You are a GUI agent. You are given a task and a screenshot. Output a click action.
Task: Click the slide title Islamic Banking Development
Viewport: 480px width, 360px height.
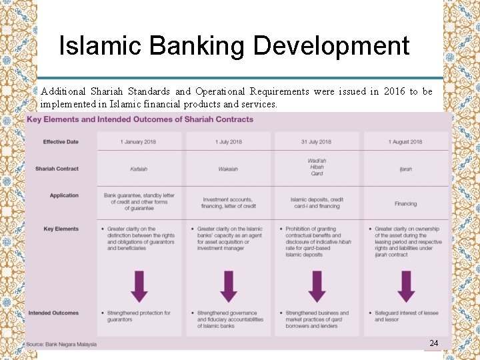234,46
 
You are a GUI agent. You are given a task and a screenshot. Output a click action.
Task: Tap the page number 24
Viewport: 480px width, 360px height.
434,343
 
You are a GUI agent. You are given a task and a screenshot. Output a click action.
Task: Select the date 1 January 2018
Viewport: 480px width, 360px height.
139,142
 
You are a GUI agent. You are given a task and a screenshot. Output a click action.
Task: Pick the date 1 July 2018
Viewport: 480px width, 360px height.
228,142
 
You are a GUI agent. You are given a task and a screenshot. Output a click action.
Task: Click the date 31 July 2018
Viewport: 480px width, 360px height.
317,142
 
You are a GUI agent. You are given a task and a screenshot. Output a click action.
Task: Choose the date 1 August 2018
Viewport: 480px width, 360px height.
405,142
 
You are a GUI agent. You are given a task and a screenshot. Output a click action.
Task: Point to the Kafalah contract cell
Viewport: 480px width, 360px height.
139,169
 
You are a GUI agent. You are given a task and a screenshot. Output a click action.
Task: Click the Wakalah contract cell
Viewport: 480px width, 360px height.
228,169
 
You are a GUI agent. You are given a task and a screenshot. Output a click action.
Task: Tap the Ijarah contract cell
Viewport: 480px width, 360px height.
405,169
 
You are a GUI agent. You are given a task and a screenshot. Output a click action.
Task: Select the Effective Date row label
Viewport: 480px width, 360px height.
61,142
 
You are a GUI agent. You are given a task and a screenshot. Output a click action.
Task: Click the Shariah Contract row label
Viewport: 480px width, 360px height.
57,169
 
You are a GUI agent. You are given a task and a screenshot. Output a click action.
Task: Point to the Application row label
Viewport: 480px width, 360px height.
64,195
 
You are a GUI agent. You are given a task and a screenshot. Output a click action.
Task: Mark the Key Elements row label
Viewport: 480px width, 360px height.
61,229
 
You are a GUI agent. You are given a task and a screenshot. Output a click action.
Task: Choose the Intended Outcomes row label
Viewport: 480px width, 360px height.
53,313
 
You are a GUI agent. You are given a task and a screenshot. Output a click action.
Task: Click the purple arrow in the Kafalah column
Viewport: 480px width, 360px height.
139,285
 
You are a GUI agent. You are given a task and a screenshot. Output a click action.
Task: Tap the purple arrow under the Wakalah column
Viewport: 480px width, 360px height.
228,285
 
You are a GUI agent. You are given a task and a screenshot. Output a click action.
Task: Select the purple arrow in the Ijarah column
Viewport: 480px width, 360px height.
406,285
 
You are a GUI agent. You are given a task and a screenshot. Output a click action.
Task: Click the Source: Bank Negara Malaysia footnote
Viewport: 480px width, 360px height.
61,344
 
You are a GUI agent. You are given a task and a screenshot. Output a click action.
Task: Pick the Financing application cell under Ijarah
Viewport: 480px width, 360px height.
405,203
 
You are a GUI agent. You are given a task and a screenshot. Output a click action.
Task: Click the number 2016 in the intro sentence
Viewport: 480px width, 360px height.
393,91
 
